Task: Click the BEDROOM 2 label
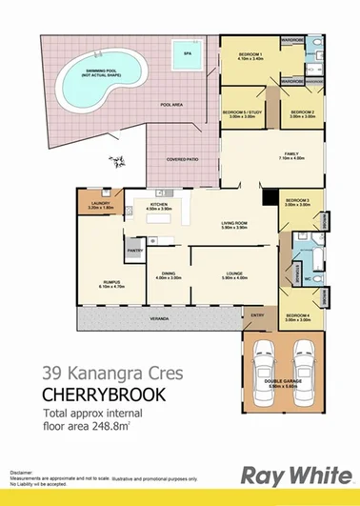coord(302,112)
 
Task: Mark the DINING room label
coord(168,274)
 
